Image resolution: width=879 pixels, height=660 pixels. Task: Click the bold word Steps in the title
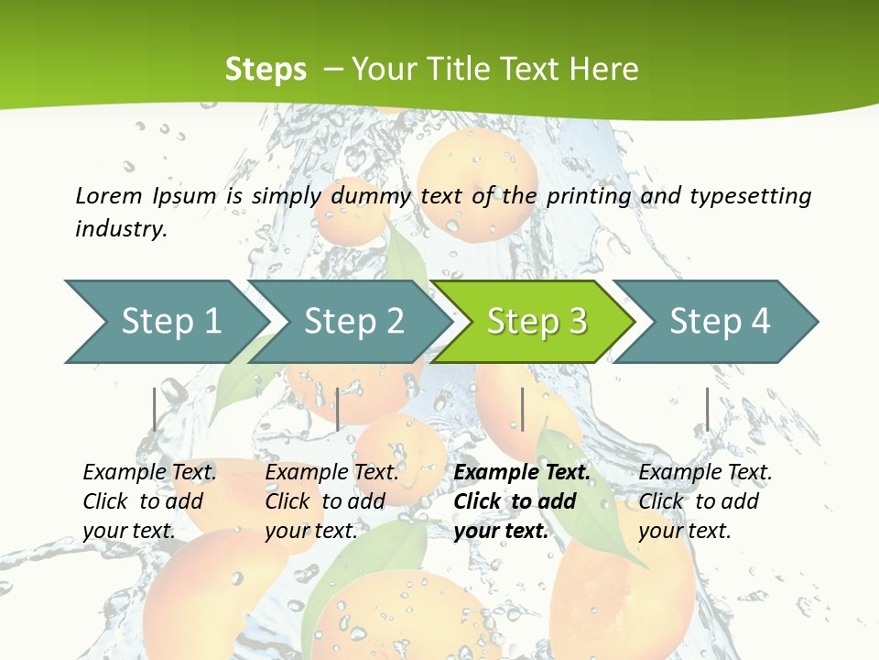(266, 70)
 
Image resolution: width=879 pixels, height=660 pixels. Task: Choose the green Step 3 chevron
(537, 322)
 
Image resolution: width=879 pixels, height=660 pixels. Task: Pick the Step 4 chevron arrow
(720, 322)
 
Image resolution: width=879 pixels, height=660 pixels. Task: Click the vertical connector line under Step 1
(155, 409)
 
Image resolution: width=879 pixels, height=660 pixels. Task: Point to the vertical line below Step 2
(338, 409)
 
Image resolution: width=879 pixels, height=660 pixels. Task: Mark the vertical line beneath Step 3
(522, 409)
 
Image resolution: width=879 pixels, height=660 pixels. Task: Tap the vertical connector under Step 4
(707, 409)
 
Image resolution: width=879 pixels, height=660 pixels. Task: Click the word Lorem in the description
(109, 195)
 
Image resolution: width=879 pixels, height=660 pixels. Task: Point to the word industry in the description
(121, 228)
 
